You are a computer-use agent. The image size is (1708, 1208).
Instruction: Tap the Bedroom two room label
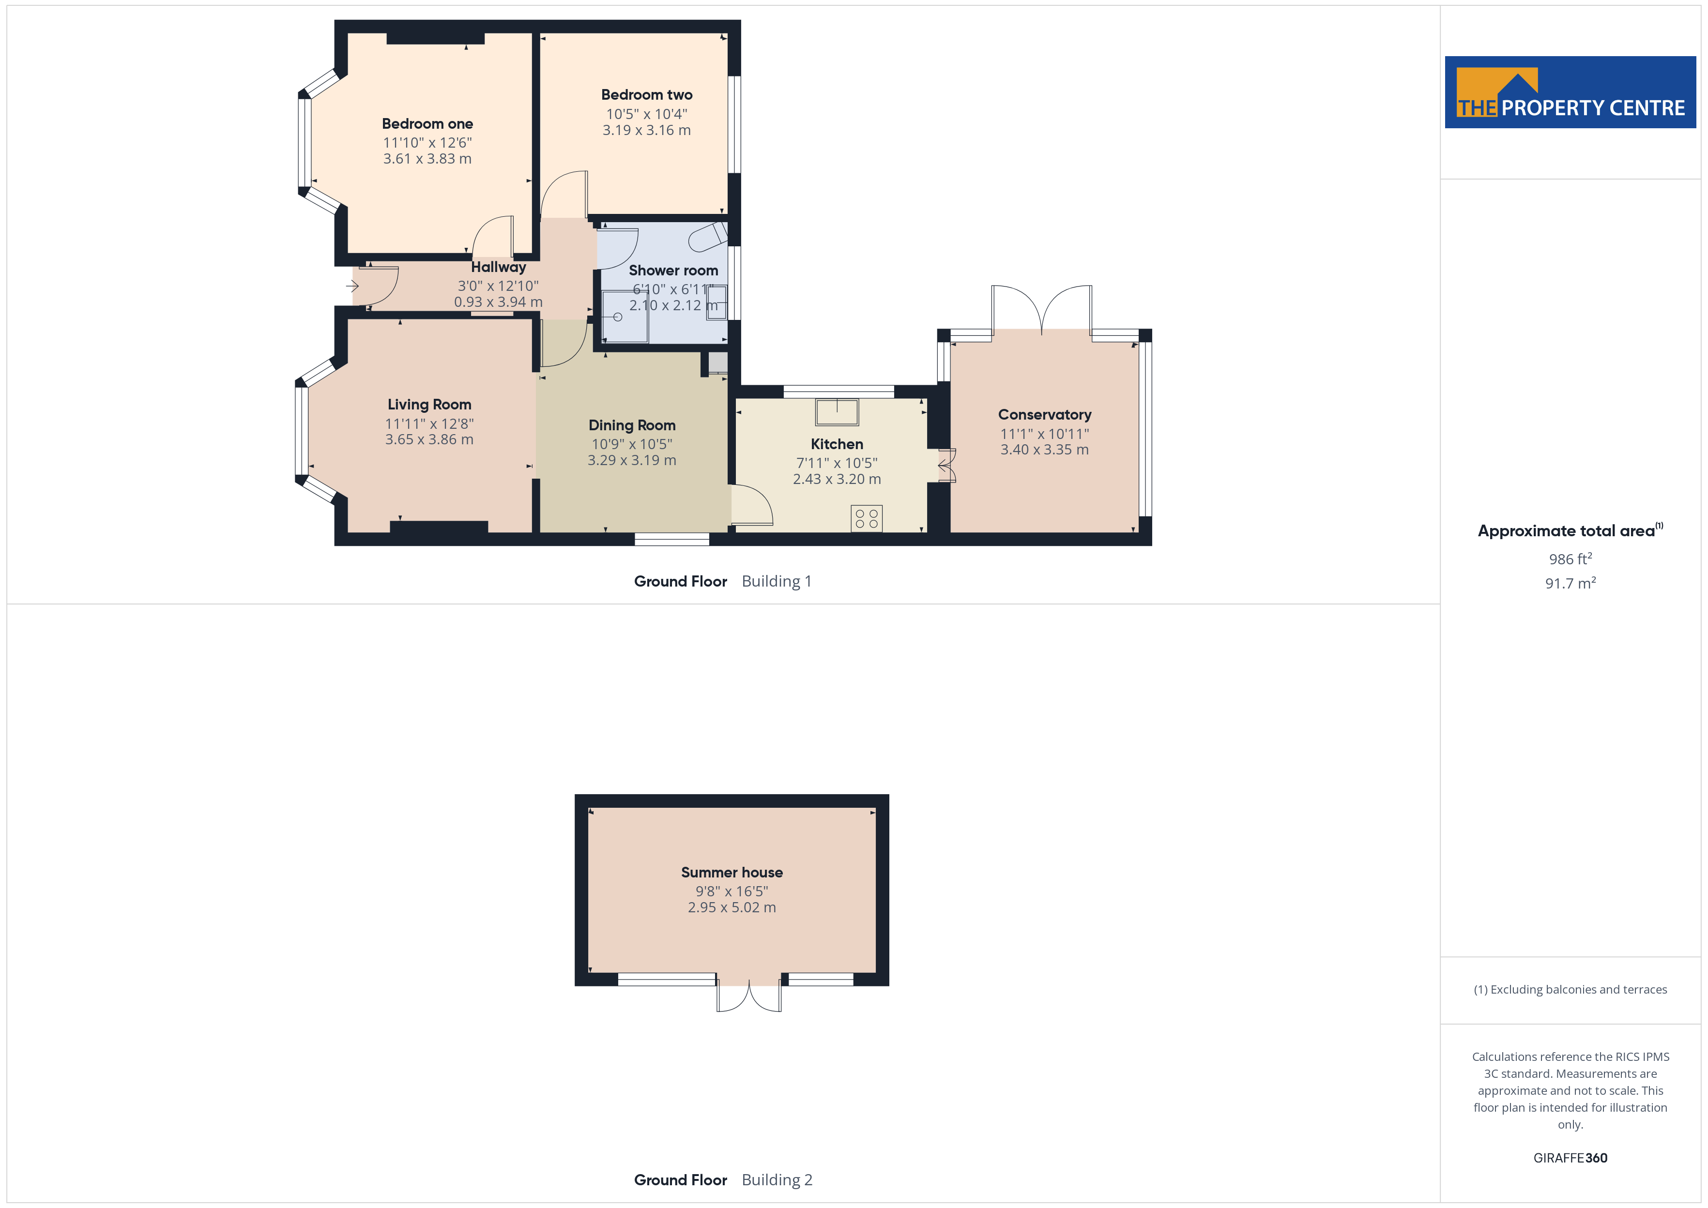(646, 94)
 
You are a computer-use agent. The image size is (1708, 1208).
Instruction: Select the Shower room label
(673, 270)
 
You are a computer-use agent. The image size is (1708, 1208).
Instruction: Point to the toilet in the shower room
(708, 237)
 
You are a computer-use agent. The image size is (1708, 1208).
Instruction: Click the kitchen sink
(837, 411)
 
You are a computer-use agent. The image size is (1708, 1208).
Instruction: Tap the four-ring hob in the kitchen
(867, 518)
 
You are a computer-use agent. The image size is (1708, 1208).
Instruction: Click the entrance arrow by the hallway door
(352, 286)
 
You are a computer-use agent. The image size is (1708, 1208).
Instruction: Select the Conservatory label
(1044, 414)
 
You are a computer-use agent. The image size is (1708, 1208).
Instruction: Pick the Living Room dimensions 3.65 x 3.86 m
(429, 439)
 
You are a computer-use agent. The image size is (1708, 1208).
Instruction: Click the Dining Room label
(632, 425)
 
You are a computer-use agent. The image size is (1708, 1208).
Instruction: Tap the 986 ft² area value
(1571, 559)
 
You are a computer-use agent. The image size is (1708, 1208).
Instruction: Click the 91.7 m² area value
(1571, 583)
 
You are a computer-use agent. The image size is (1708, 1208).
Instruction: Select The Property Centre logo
(1571, 92)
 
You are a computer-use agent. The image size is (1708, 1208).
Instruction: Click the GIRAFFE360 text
(1571, 1157)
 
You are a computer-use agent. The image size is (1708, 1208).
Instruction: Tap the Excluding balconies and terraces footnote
(1571, 989)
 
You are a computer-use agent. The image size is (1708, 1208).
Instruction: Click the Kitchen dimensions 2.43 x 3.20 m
(837, 479)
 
